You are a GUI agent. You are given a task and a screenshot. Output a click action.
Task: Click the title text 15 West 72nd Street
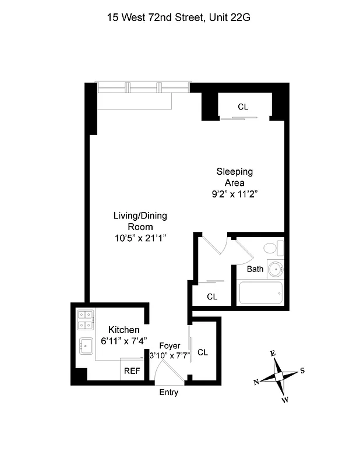pos(154,17)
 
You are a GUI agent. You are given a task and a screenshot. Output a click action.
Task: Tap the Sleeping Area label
pos(235,177)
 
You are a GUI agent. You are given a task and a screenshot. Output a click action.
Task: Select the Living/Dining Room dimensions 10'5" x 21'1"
pos(140,238)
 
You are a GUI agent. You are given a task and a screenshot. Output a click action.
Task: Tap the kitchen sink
pos(86,346)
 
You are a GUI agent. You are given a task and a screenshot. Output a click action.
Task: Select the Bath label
pos(255,269)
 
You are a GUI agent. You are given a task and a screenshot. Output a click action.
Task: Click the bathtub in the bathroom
pos(260,292)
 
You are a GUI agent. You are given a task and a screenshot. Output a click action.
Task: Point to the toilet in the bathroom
pos(273,249)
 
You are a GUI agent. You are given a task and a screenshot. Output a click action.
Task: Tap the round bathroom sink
pos(276,269)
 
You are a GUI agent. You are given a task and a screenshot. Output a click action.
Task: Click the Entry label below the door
pos(169,393)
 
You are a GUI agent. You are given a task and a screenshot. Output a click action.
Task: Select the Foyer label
pos(170,345)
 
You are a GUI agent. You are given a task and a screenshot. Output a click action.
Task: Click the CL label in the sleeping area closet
pos(243,107)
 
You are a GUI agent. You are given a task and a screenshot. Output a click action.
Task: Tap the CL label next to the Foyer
pos(203,352)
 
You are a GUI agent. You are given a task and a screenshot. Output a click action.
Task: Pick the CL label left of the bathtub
pos(212,296)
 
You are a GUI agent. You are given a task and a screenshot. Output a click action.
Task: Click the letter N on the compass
pos(256,382)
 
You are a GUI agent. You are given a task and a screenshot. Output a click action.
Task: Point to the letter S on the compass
pos(302,370)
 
